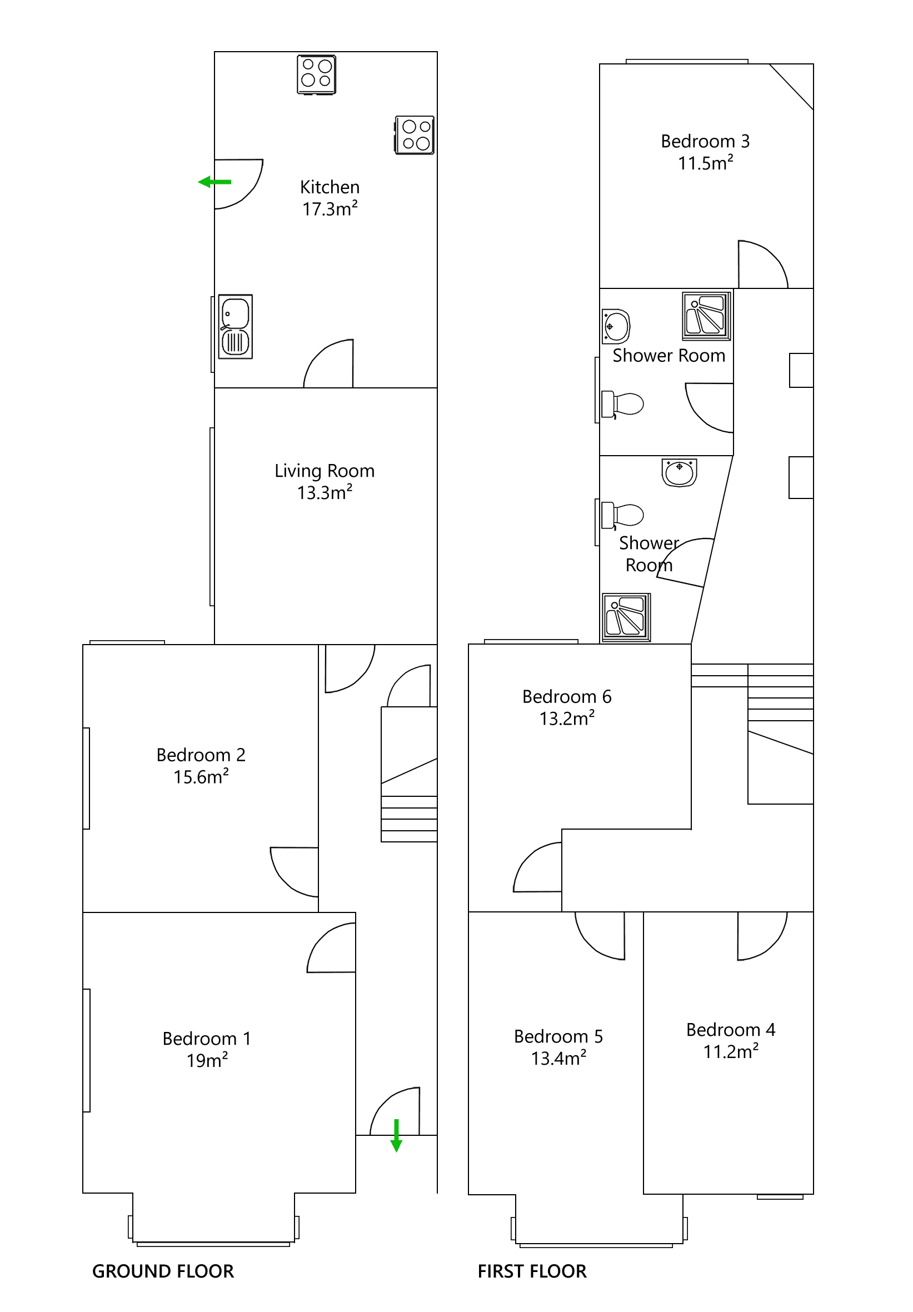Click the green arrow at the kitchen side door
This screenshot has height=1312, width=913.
click(214, 182)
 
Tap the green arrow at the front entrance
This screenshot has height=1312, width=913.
click(396, 1135)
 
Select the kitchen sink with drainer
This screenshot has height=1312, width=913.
click(235, 327)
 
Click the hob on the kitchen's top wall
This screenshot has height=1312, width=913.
click(316, 74)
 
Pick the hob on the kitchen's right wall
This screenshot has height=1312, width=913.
click(414, 136)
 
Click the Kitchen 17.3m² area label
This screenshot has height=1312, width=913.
click(330, 208)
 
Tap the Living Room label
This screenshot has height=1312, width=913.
click(324, 471)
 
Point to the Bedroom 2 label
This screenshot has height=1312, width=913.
click(201, 755)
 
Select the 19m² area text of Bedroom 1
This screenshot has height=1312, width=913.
click(207, 1061)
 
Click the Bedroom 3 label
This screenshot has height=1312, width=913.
click(705, 141)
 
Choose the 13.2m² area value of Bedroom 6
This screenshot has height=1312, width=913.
click(567, 719)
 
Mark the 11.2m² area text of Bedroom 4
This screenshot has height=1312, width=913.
click(730, 1051)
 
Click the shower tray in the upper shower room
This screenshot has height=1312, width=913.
click(706, 316)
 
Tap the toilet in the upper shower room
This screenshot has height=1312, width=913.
click(622, 404)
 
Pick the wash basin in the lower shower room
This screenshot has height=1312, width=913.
click(678, 472)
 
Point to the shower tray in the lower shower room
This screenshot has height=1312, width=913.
click(626, 617)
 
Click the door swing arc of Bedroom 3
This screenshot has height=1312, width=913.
click(763, 264)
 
